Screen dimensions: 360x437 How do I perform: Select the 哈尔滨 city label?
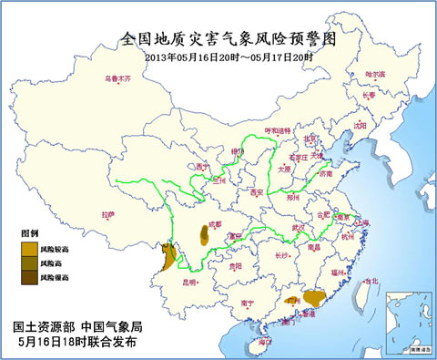(x=375, y=74)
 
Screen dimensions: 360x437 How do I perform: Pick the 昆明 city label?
(x=191, y=283)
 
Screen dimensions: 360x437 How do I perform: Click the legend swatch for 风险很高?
(x=30, y=276)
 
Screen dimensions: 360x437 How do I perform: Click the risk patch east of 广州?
(x=314, y=297)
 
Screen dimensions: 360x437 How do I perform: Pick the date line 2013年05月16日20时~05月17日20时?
(x=229, y=57)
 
